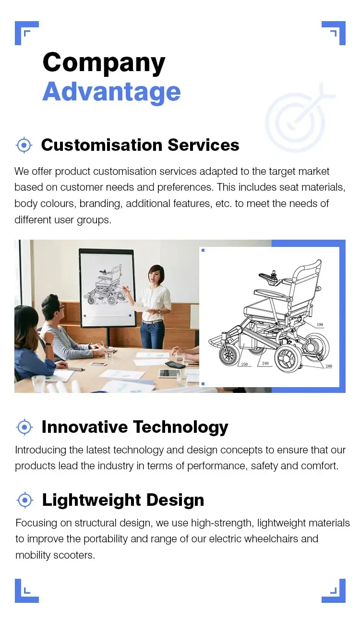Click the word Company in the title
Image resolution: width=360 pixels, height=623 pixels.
[104, 63]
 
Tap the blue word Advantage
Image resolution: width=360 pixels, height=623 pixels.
[111, 91]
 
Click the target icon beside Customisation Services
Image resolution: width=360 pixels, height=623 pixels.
[24, 145]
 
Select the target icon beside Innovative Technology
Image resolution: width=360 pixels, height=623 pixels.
[24, 427]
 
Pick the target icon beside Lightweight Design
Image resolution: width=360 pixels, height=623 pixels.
[24, 500]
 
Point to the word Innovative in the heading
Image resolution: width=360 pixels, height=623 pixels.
[84, 427]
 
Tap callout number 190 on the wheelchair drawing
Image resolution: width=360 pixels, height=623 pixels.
[320, 325]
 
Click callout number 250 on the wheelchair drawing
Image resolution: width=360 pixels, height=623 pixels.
[244, 365]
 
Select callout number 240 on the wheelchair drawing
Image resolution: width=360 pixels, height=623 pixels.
[265, 364]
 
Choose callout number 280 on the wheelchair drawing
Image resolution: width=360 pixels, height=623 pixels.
[328, 366]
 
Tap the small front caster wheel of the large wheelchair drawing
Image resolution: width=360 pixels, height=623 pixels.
[228, 355]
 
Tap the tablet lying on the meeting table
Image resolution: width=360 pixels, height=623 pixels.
[168, 373]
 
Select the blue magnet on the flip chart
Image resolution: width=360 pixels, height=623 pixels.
[130, 316]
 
